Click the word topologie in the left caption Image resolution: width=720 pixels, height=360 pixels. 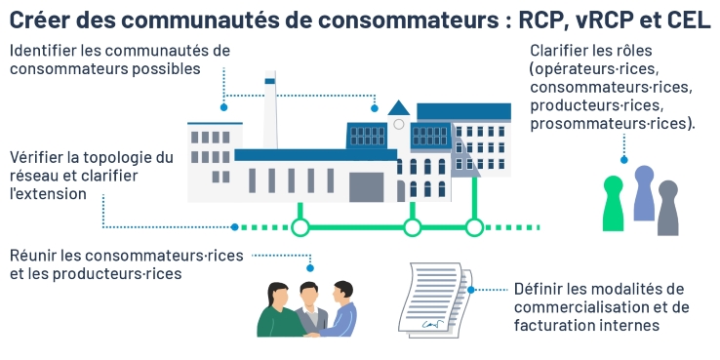click(x=115, y=157)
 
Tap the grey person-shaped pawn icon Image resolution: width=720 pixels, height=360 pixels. click(x=668, y=207)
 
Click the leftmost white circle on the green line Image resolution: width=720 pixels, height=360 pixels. click(x=300, y=227)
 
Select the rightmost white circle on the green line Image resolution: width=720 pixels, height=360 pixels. click(x=474, y=227)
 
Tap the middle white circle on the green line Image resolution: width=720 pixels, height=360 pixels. click(x=412, y=227)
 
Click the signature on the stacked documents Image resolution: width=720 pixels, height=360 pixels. click(x=427, y=318)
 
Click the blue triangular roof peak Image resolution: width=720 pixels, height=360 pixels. click(x=398, y=107)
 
